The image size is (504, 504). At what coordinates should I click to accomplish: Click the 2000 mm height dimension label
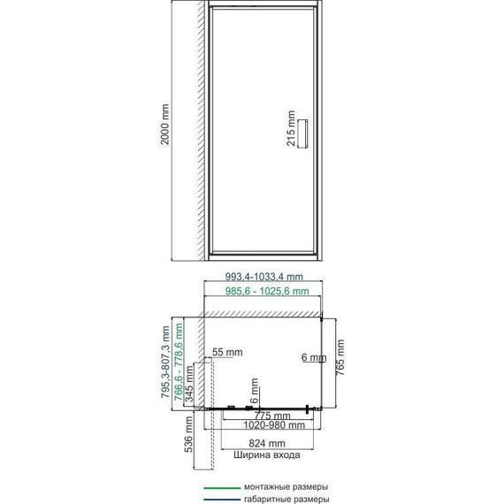click(164, 125)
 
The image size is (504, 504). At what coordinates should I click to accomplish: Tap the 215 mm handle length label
click(291, 128)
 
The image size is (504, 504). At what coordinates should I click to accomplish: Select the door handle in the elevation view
click(302, 134)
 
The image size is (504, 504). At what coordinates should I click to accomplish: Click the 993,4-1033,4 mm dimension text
click(263, 277)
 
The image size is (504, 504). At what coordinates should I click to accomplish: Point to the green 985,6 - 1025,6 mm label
click(267, 291)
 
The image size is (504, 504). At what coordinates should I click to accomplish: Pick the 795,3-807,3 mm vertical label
click(165, 362)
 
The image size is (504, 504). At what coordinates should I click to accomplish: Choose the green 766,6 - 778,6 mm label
click(178, 362)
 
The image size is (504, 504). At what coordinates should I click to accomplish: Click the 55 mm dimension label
click(227, 352)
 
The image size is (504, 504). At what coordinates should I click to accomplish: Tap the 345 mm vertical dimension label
click(189, 384)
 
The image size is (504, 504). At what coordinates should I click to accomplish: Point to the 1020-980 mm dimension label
click(274, 425)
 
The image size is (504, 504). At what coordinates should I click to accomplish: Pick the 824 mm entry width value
click(267, 443)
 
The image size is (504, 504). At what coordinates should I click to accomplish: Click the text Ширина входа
click(267, 454)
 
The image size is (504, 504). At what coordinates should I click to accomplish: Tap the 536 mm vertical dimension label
click(188, 434)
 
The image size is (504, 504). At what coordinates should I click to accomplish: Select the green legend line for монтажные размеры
click(222, 488)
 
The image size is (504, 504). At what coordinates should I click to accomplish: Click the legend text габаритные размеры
click(286, 500)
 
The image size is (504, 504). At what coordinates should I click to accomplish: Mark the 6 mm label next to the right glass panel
click(314, 357)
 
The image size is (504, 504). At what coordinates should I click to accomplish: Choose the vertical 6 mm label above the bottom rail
click(254, 391)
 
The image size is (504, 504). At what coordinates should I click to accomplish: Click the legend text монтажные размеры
click(286, 487)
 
